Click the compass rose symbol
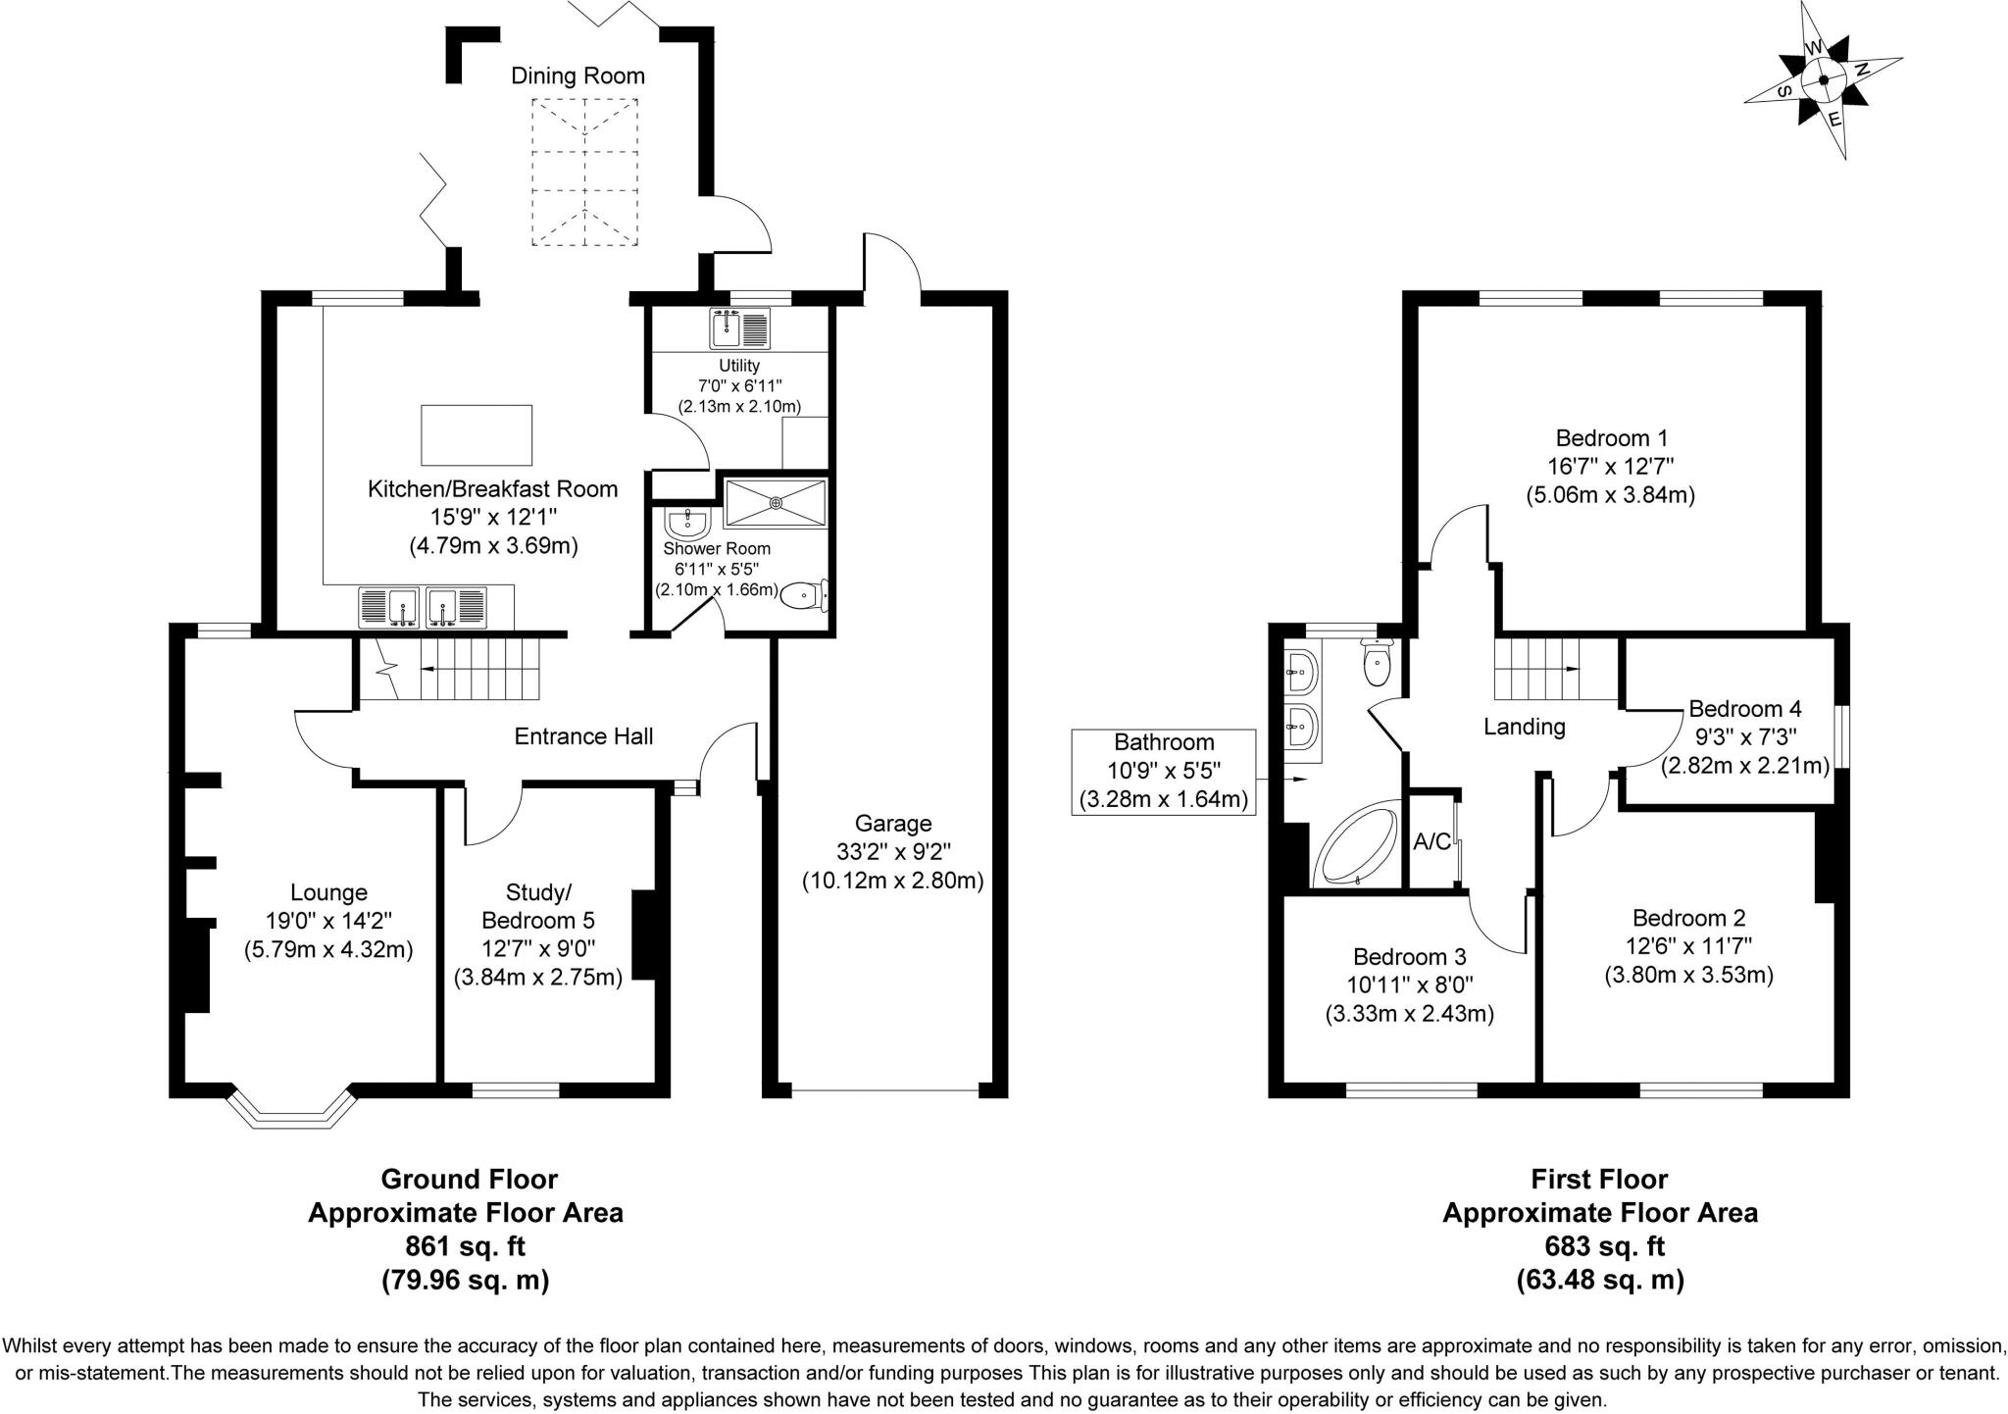(x=1823, y=81)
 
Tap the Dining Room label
(x=577, y=76)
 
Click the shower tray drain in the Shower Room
(x=776, y=503)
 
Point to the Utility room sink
(x=740, y=328)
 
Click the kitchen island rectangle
(x=477, y=434)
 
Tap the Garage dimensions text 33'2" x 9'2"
(x=892, y=851)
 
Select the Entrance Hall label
(x=583, y=735)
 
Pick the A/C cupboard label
(x=1431, y=841)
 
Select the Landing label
(x=1524, y=727)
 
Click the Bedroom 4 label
(x=1744, y=708)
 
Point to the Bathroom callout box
(x=1163, y=772)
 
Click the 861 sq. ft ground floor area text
(x=466, y=1246)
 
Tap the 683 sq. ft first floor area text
(x=1600, y=1246)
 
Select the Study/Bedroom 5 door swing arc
(x=493, y=816)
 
